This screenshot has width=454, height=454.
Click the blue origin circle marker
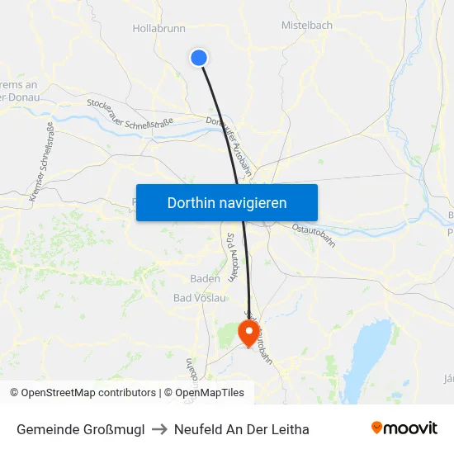pyautogui.click(x=198, y=57)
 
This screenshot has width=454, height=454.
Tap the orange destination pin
pyautogui.click(x=248, y=332)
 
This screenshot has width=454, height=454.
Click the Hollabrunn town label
pyautogui.click(x=158, y=28)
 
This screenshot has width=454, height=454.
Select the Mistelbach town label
pyautogui.click(x=306, y=26)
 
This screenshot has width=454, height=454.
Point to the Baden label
pyautogui.click(x=205, y=279)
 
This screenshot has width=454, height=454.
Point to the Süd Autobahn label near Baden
pyautogui.click(x=232, y=257)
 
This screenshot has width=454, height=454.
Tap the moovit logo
pyautogui.click(x=404, y=428)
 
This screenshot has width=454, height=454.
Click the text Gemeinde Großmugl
pyautogui.click(x=81, y=429)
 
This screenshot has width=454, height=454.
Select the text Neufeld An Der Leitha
pyautogui.click(x=242, y=429)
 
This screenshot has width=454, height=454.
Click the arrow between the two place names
pyautogui.click(x=159, y=429)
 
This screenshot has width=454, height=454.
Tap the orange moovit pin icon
pyautogui.click(x=377, y=428)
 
